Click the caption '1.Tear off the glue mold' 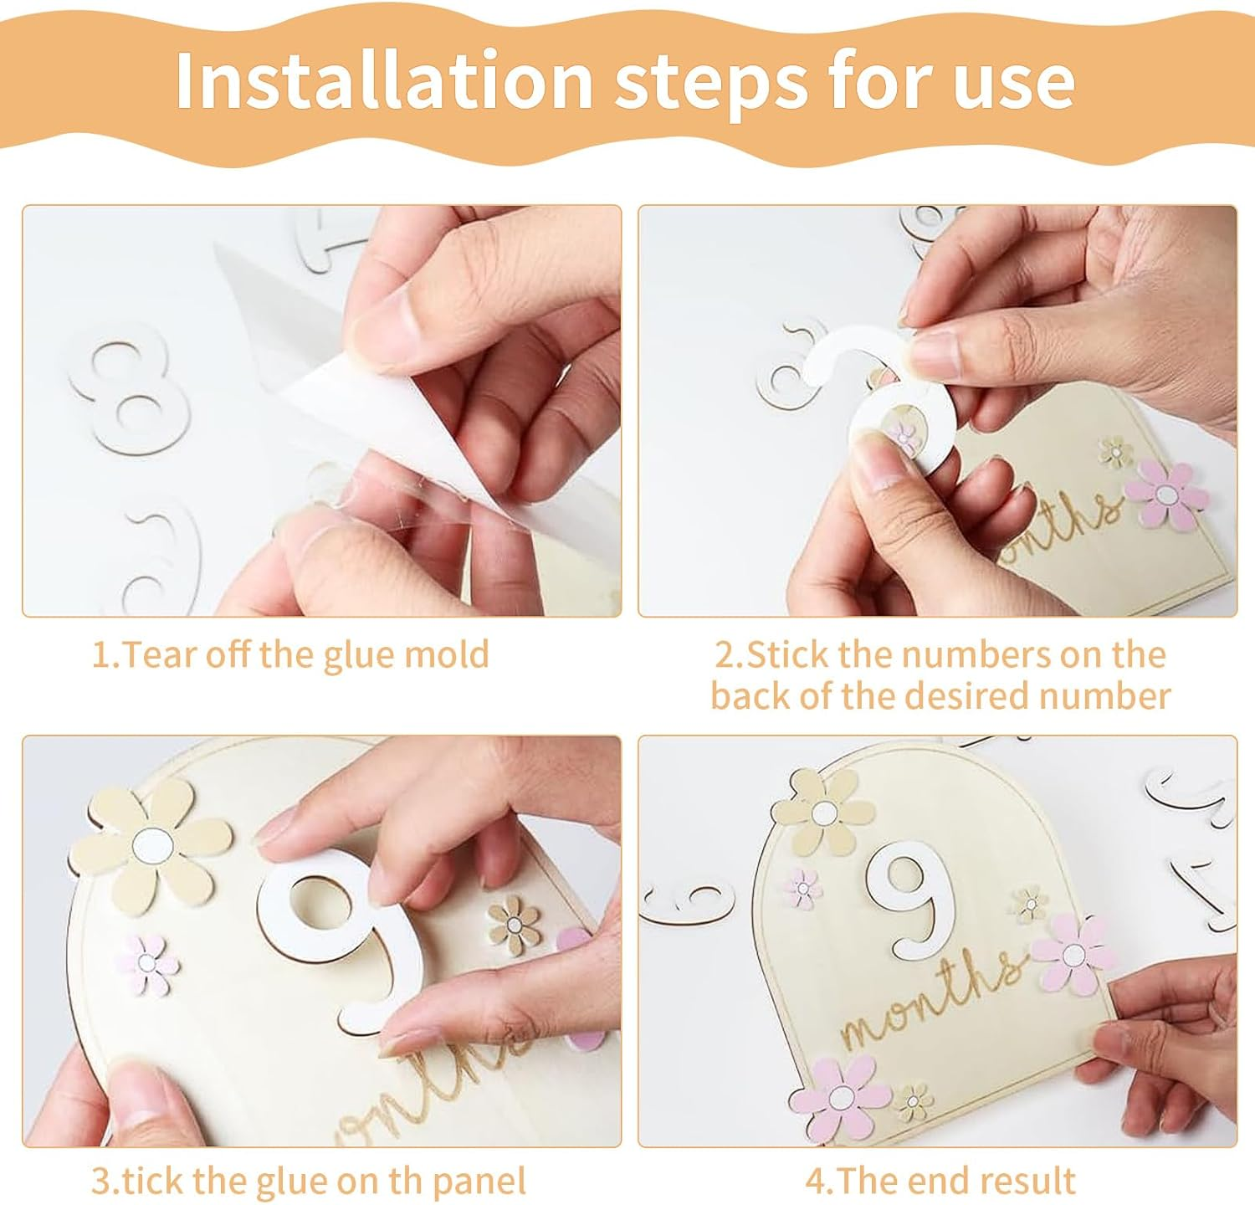click(x=290, y=654)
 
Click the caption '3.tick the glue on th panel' click(x=309, y=1181)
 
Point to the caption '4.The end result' click(x=940, y=1181)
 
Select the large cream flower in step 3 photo click(x=151, y=841)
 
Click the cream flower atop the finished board click(x=823, y=811)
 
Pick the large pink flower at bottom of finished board click(x=841, y=1096)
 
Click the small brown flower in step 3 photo click(x=515, y=921)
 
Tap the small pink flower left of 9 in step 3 click(x=147, y=963)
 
